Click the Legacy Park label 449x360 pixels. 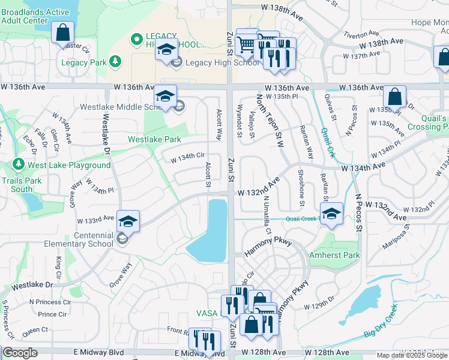click(x=83, y=62)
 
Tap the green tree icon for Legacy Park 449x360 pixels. click(x=115, y=62)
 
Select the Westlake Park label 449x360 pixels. click(x=154, y=139)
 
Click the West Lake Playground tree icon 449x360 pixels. click(x=18, y=164)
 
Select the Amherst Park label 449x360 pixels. click(x=334, y=255)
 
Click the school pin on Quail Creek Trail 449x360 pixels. click(x=331, y=214)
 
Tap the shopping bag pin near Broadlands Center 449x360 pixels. click(x=62, y=32)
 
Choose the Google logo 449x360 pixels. click(x=20, y=353)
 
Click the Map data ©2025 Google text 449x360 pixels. click(x=412, y=355)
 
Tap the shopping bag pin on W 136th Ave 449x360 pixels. click(x=394, y=96)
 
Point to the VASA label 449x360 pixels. click(x=206, y=313)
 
